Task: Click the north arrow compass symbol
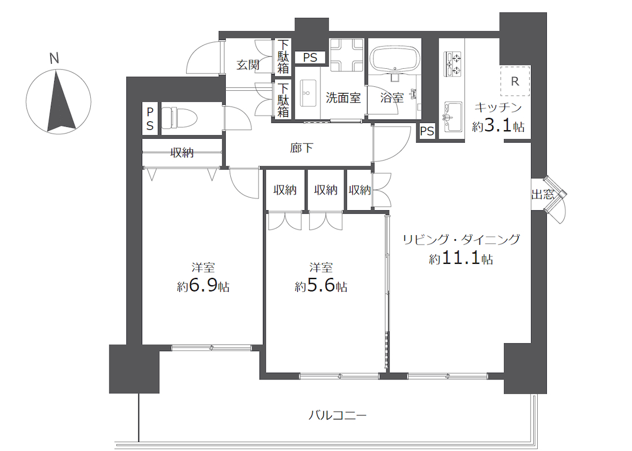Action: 59,101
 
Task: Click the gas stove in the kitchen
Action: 452,64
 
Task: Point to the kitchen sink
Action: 453,117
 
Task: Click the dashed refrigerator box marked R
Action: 515,81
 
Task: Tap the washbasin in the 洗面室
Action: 308,93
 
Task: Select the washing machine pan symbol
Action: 347,55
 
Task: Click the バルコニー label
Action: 338,415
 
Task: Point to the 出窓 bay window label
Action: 542,194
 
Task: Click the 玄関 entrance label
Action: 248,64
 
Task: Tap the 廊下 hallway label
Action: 301,148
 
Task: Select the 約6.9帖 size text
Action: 203,286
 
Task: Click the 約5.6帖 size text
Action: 321,286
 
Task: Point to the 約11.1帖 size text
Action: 461,258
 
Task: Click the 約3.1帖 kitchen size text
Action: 498,126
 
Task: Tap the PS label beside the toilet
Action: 150,118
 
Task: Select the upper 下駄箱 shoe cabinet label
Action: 283,56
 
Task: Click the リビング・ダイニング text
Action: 462,240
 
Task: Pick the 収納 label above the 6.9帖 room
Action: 182,153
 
